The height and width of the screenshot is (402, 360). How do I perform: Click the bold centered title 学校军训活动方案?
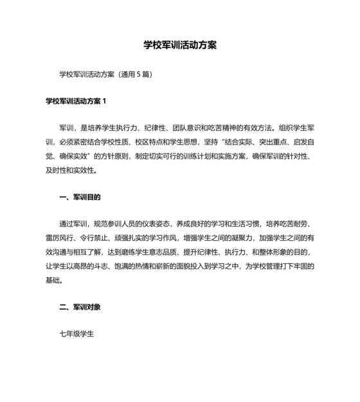[x=180, y=46]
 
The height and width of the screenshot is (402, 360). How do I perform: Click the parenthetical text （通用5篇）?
[x=136, y=74]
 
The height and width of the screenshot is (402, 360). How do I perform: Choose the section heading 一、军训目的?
[x=80, y=197]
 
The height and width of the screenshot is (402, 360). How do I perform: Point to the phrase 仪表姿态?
[x=155, y=224]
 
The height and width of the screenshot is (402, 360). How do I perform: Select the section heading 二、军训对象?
[x=80, y=308]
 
